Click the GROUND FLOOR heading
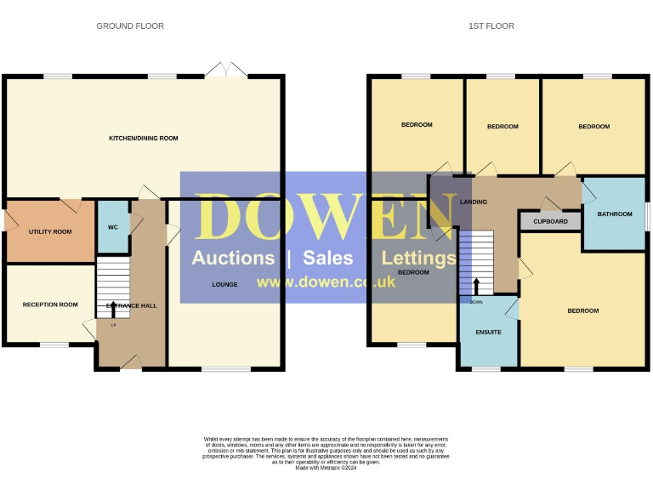[x=130, y=26]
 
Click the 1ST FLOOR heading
[x=491, y=26]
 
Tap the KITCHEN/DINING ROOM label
[x=143, y=138]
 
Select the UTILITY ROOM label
[x=50, y=231]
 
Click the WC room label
[x=112, y=228]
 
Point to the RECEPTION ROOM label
[x=50, y=305]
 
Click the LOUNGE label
[x=224, y=284]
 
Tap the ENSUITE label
[x=488, y=332]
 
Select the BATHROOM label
[x=615, y=214]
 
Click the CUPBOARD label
[x=550, y=221]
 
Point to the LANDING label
[x=473, y=202]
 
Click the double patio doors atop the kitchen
[x=226, y=71]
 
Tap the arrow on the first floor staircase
[x=476, y=285]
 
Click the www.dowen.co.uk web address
[x=326, y=282]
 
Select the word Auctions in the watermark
[x=233, y=258]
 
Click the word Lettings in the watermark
[x=418, y=258]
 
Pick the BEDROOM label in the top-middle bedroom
[x=503, y=127]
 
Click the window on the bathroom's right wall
[x=646, y=214]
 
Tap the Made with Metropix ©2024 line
[x=326, y=467]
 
